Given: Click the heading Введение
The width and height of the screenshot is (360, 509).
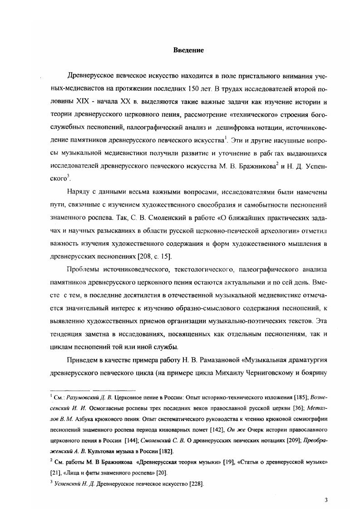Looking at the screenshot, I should (x=188, y=50).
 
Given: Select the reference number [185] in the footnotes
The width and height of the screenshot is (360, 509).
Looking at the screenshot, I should (x=285, y=396).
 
